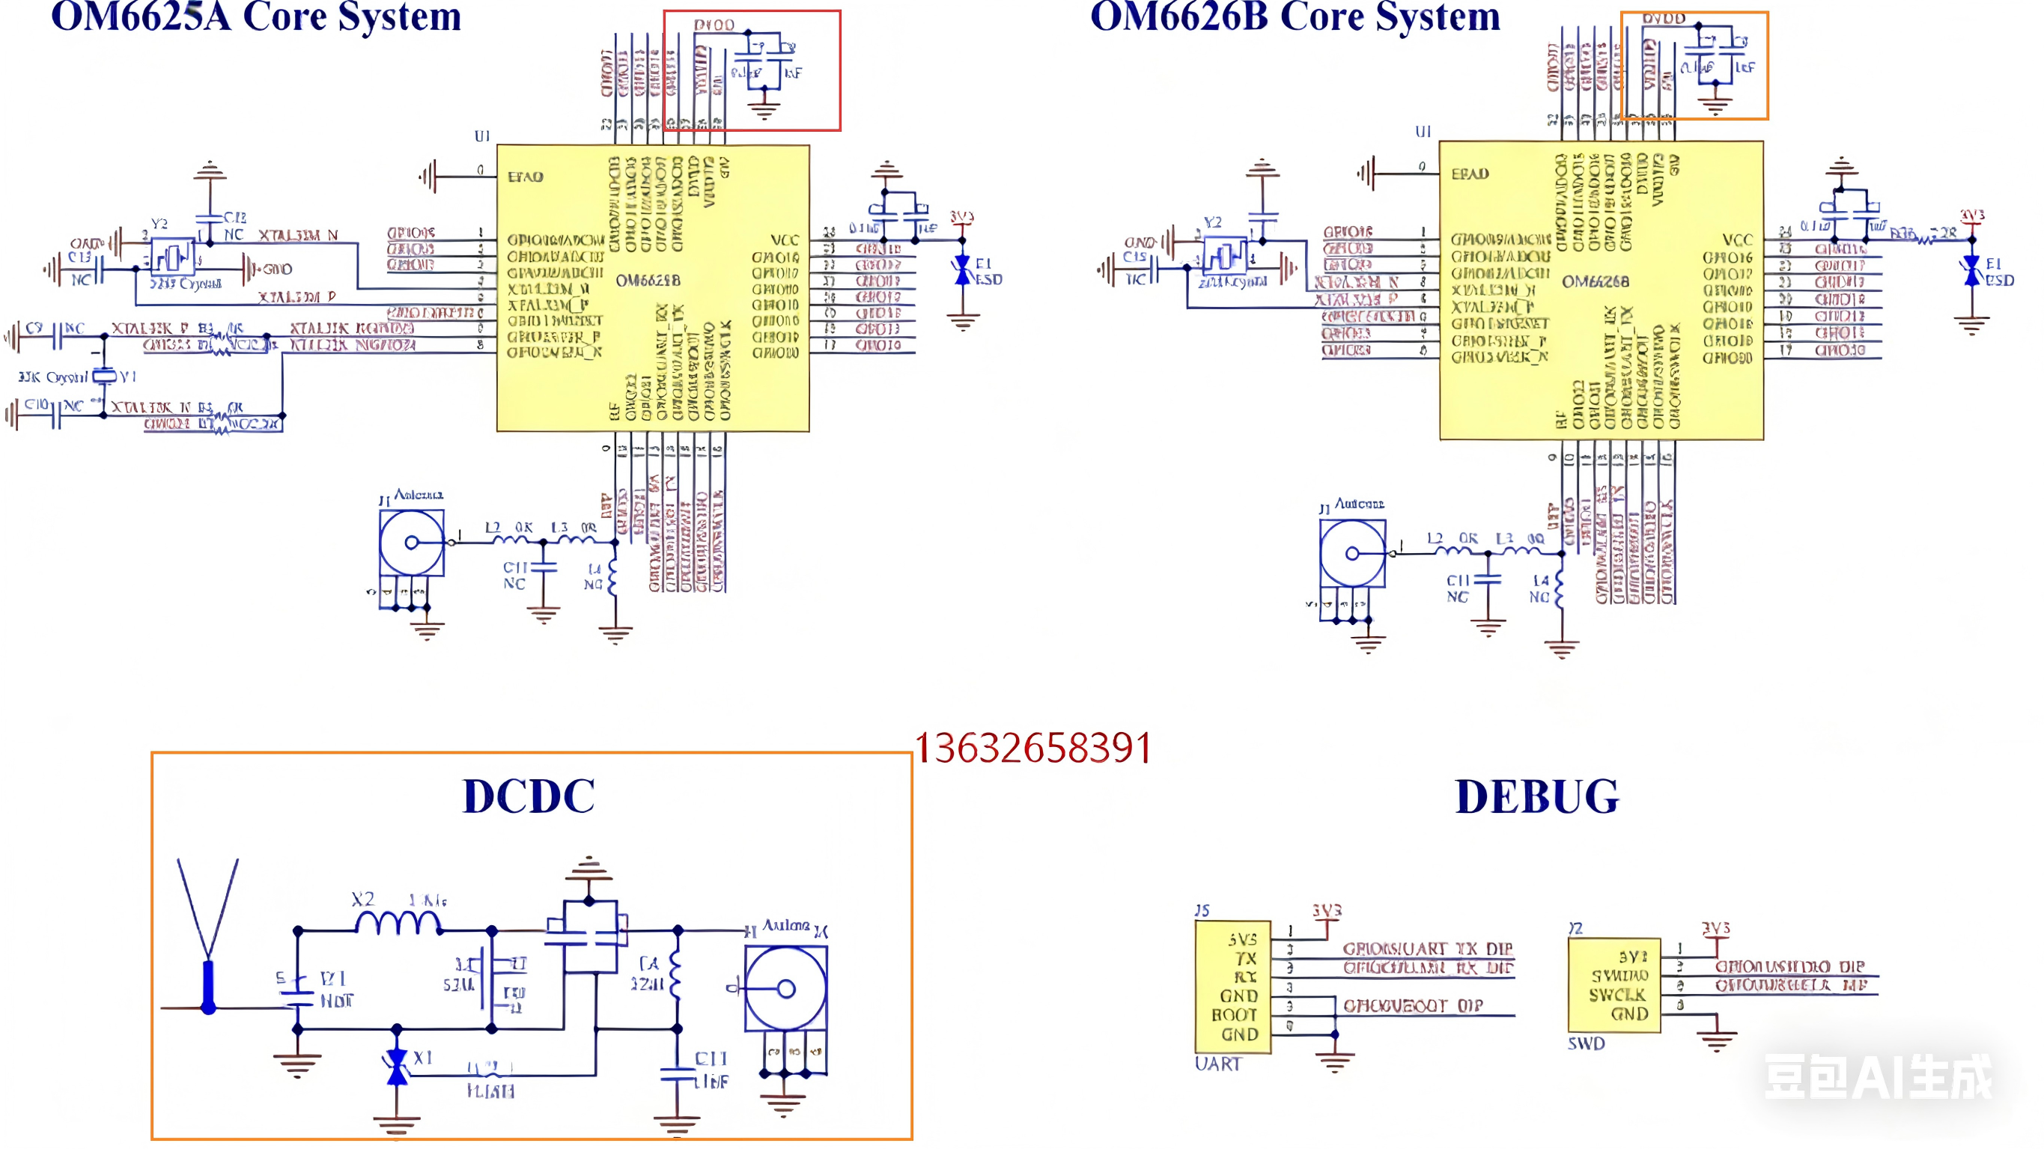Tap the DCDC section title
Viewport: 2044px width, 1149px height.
[529, 796]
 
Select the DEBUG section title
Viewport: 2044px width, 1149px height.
[1537, 796]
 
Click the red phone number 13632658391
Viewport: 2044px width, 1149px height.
[1033, 749]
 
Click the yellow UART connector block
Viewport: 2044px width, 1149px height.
[1233, 987]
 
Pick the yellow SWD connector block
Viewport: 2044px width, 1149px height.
[1614, 985]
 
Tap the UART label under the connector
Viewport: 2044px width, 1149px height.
[1217, 1064]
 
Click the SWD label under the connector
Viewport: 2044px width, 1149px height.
[1585, 1043]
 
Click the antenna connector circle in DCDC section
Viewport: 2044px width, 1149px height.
[785, 989]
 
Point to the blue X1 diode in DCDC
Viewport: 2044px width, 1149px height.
[397, 1067]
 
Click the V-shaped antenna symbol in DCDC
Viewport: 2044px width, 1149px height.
[208, 912]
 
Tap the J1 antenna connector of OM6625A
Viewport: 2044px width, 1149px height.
[411, 543]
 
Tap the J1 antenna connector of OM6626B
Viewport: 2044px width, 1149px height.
[1352, 553]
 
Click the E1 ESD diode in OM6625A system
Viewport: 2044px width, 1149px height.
[963, 270]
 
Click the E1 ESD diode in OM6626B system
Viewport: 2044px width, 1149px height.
[1972, 270]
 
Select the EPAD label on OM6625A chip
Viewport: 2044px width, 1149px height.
[526, 176]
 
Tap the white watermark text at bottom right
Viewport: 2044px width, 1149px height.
[1877, 1077]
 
